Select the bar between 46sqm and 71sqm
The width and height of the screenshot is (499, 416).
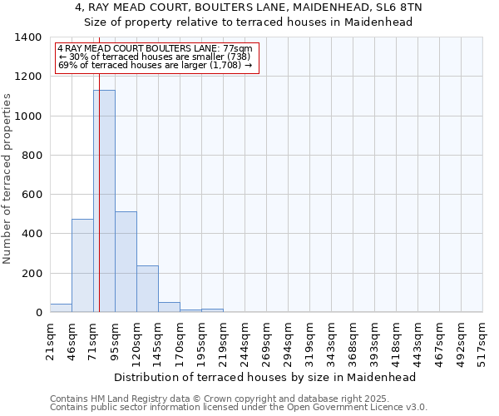82,265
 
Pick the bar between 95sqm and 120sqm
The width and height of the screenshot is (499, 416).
126,262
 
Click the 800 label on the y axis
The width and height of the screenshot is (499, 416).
32,156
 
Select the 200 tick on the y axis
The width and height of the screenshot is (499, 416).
32,274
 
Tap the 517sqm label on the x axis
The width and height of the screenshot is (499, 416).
483,339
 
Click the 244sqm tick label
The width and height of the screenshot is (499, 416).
245,339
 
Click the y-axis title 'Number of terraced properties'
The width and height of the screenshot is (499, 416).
8,179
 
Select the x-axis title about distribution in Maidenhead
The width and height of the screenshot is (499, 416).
264,377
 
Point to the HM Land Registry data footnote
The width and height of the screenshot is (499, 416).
238,399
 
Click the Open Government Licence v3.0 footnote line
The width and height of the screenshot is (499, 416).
238,408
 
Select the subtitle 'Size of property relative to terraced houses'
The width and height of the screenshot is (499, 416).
249,22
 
